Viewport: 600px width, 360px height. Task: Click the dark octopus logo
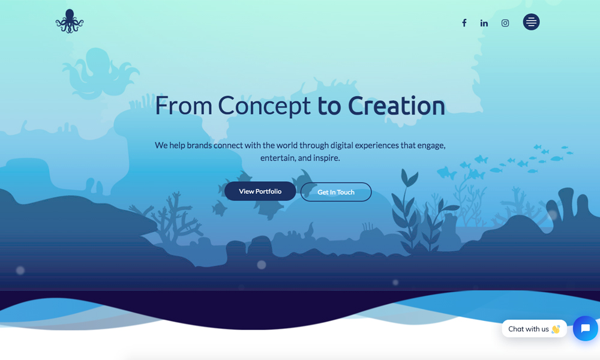click(x=69, y=21)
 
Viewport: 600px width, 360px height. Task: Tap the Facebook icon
click(x=464, y=23)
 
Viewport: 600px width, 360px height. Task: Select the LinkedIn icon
click(x=484, y=23)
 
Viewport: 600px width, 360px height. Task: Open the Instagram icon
click(x=505, y=23)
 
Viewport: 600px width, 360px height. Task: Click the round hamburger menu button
click(x=531, y=22)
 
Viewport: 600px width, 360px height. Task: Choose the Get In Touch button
click(x=336, y=192)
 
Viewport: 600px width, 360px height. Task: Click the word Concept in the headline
click(x=264, y=106)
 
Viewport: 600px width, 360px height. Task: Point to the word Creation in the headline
click(x=397, y=106)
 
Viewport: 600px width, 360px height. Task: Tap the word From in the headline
click(x=183, y=106)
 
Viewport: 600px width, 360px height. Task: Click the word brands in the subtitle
click(x=199, y=145)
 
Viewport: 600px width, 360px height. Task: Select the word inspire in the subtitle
click(x=326, y=158)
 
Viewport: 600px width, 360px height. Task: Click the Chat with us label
click(x=529, y=329)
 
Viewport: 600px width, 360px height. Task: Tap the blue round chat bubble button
click(x=586, y=328)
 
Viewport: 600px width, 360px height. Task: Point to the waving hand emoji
click(x=556, y=329)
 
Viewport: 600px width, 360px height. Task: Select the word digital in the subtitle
click(x=342, y=145)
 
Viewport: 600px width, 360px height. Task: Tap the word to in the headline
click(x=329, y=106)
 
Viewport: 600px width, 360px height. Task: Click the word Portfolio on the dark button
click(x=268, y=191)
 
